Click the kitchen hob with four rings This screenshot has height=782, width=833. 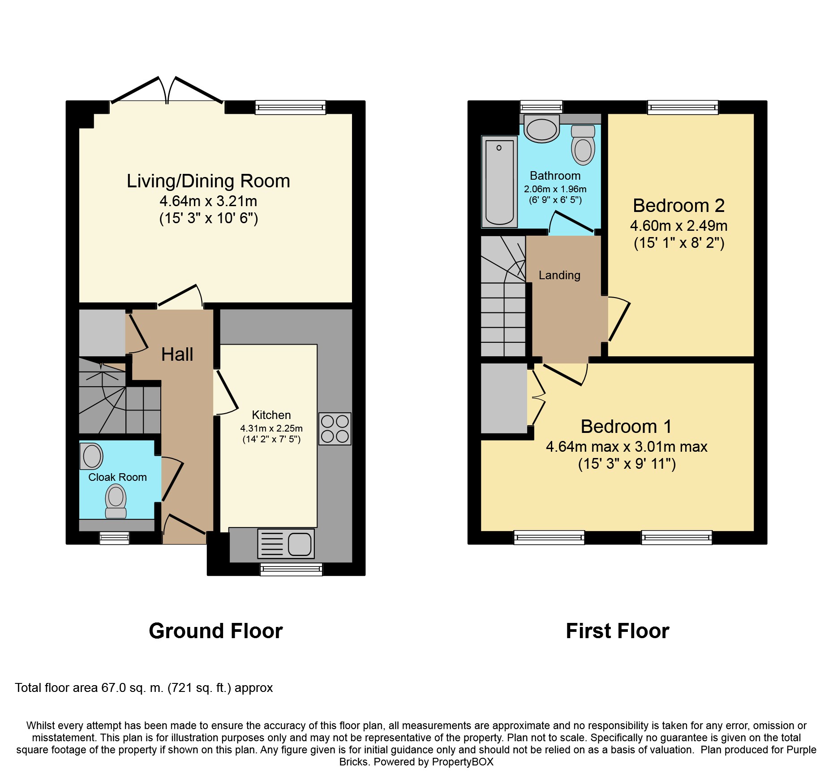335,429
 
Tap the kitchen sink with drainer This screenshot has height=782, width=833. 286,544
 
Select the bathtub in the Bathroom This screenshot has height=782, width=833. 499,181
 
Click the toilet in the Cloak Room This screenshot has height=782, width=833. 116,501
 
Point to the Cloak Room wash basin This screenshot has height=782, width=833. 91,456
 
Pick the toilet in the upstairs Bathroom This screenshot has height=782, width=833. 583,145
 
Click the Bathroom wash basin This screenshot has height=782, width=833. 541,129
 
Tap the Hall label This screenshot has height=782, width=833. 177,354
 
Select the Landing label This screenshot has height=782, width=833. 559,275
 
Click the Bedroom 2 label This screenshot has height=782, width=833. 678,206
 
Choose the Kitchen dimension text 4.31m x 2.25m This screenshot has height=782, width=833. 271,428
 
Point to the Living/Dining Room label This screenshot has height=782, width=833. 208,181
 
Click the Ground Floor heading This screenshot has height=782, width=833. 216,631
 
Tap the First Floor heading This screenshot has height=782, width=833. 618,631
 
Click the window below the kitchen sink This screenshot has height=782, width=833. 291,570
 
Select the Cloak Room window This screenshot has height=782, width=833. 114,538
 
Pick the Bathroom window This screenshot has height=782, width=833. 541,107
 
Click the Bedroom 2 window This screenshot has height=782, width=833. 683,107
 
